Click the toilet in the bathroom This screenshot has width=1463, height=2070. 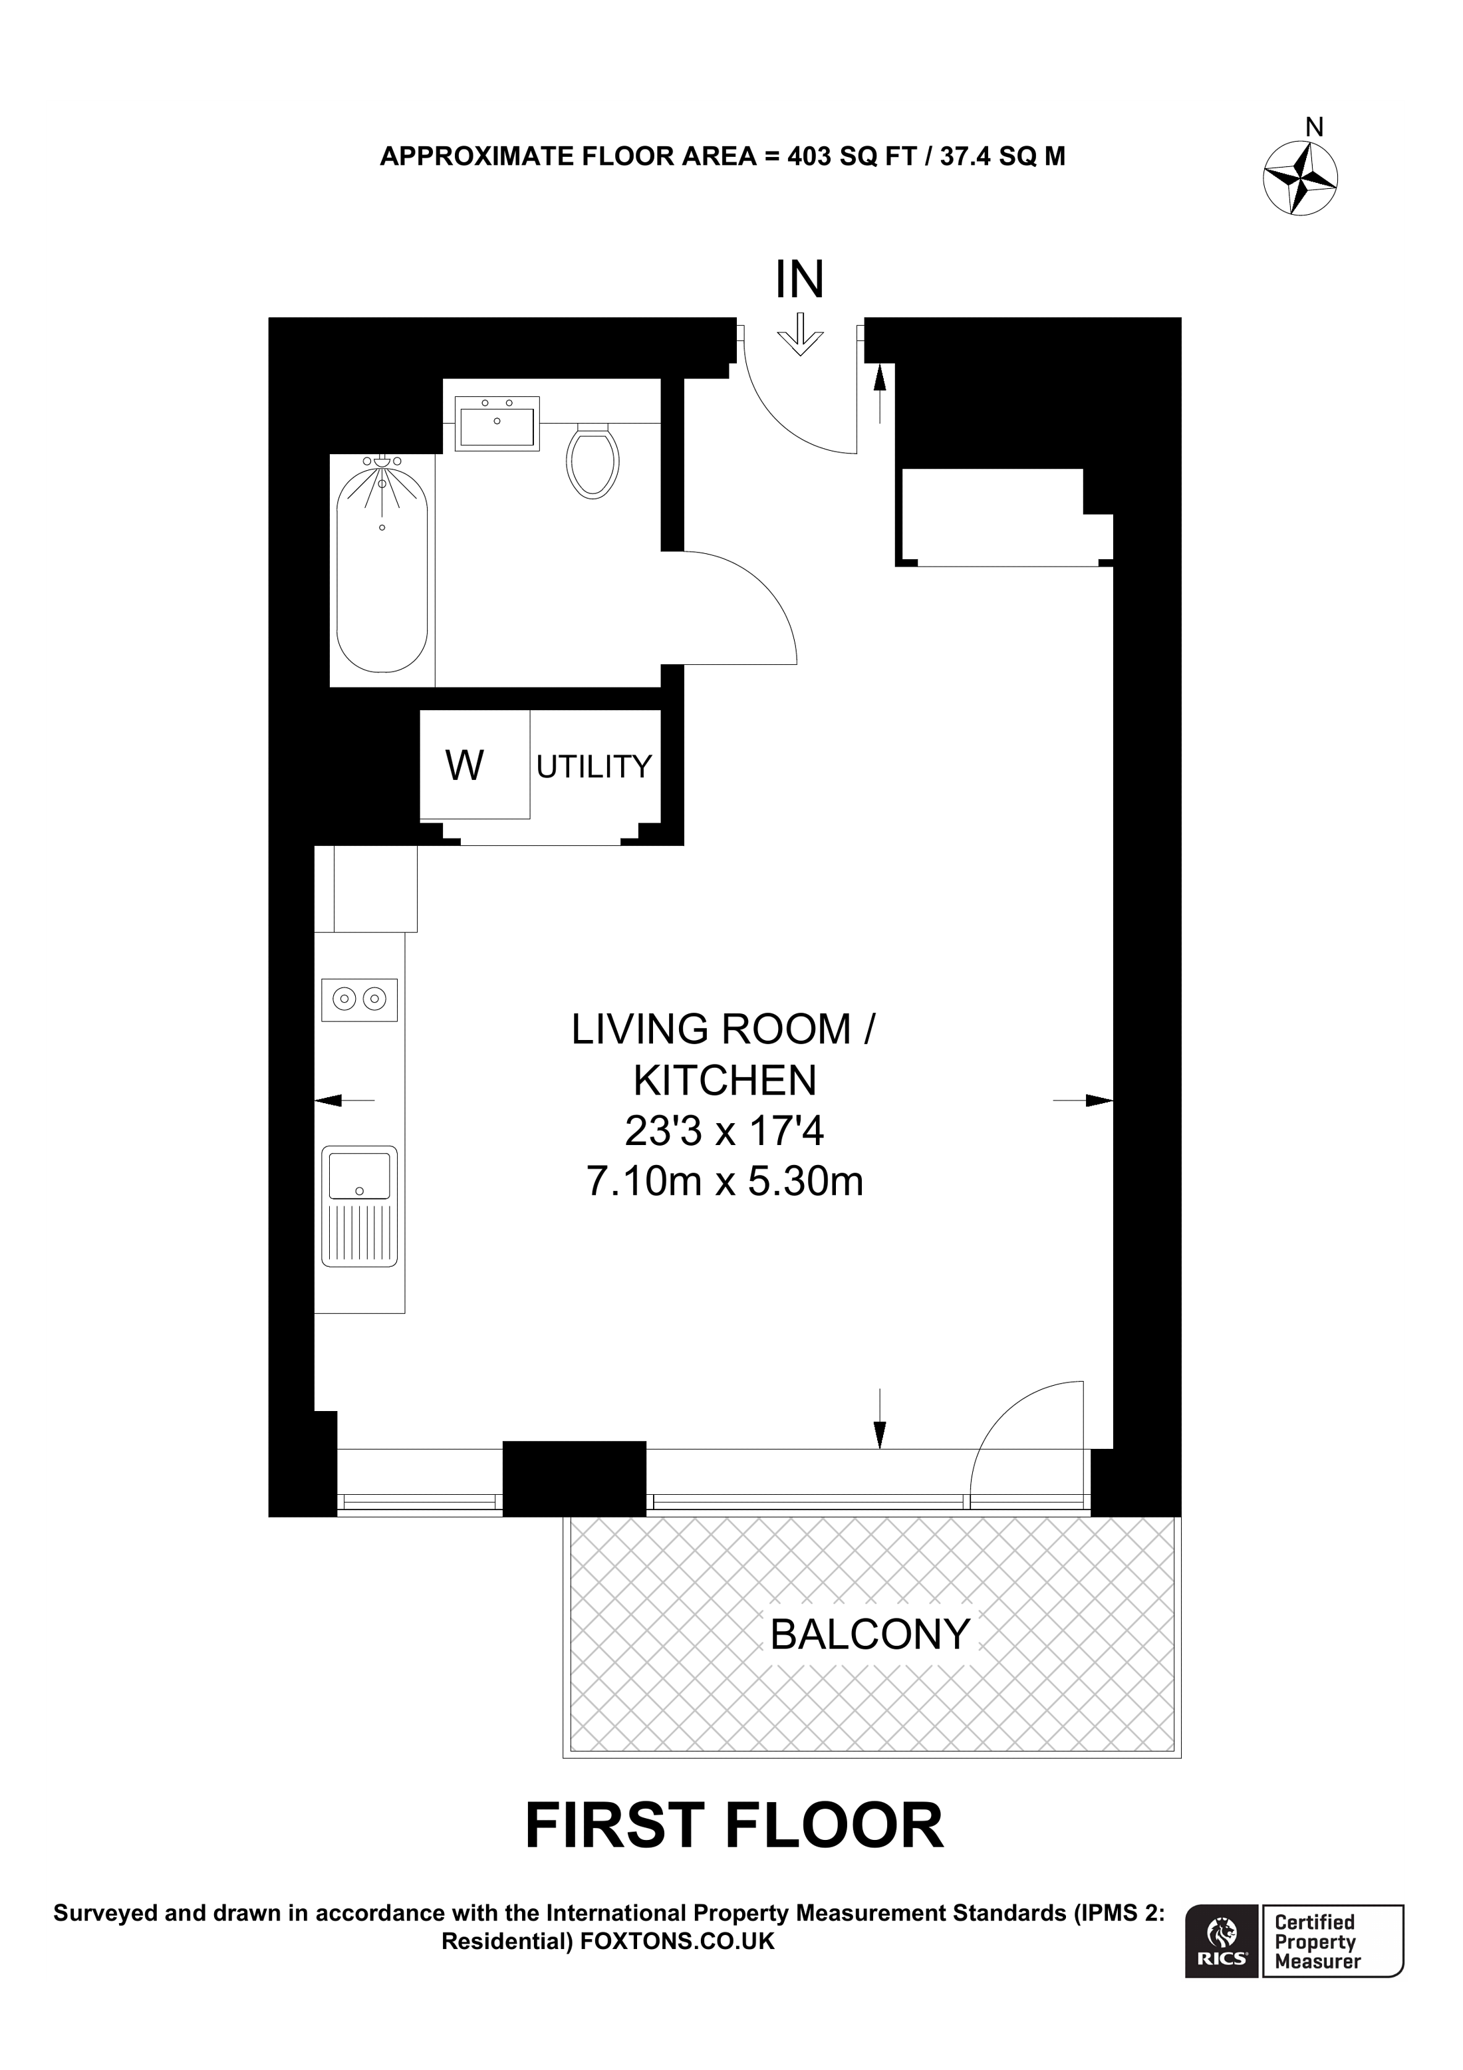coord(593,461)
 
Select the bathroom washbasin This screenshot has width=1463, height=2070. coord(497,424)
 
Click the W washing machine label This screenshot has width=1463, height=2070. coord(465,765)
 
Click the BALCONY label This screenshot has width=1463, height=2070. coord(870,1634)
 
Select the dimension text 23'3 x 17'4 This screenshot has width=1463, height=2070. coord(725,1130)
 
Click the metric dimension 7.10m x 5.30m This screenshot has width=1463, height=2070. coord(725,1181)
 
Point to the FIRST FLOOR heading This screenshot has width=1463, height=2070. coord(733,1827)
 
